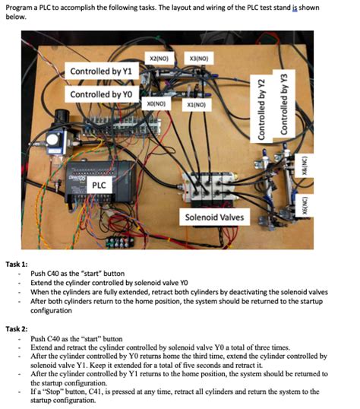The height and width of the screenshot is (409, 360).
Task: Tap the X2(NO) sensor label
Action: (x=159, y=59)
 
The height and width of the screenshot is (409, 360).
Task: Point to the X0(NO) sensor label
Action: (x=156, y=101)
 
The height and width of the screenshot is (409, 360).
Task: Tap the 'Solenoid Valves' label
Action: (x=214, y=217)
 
